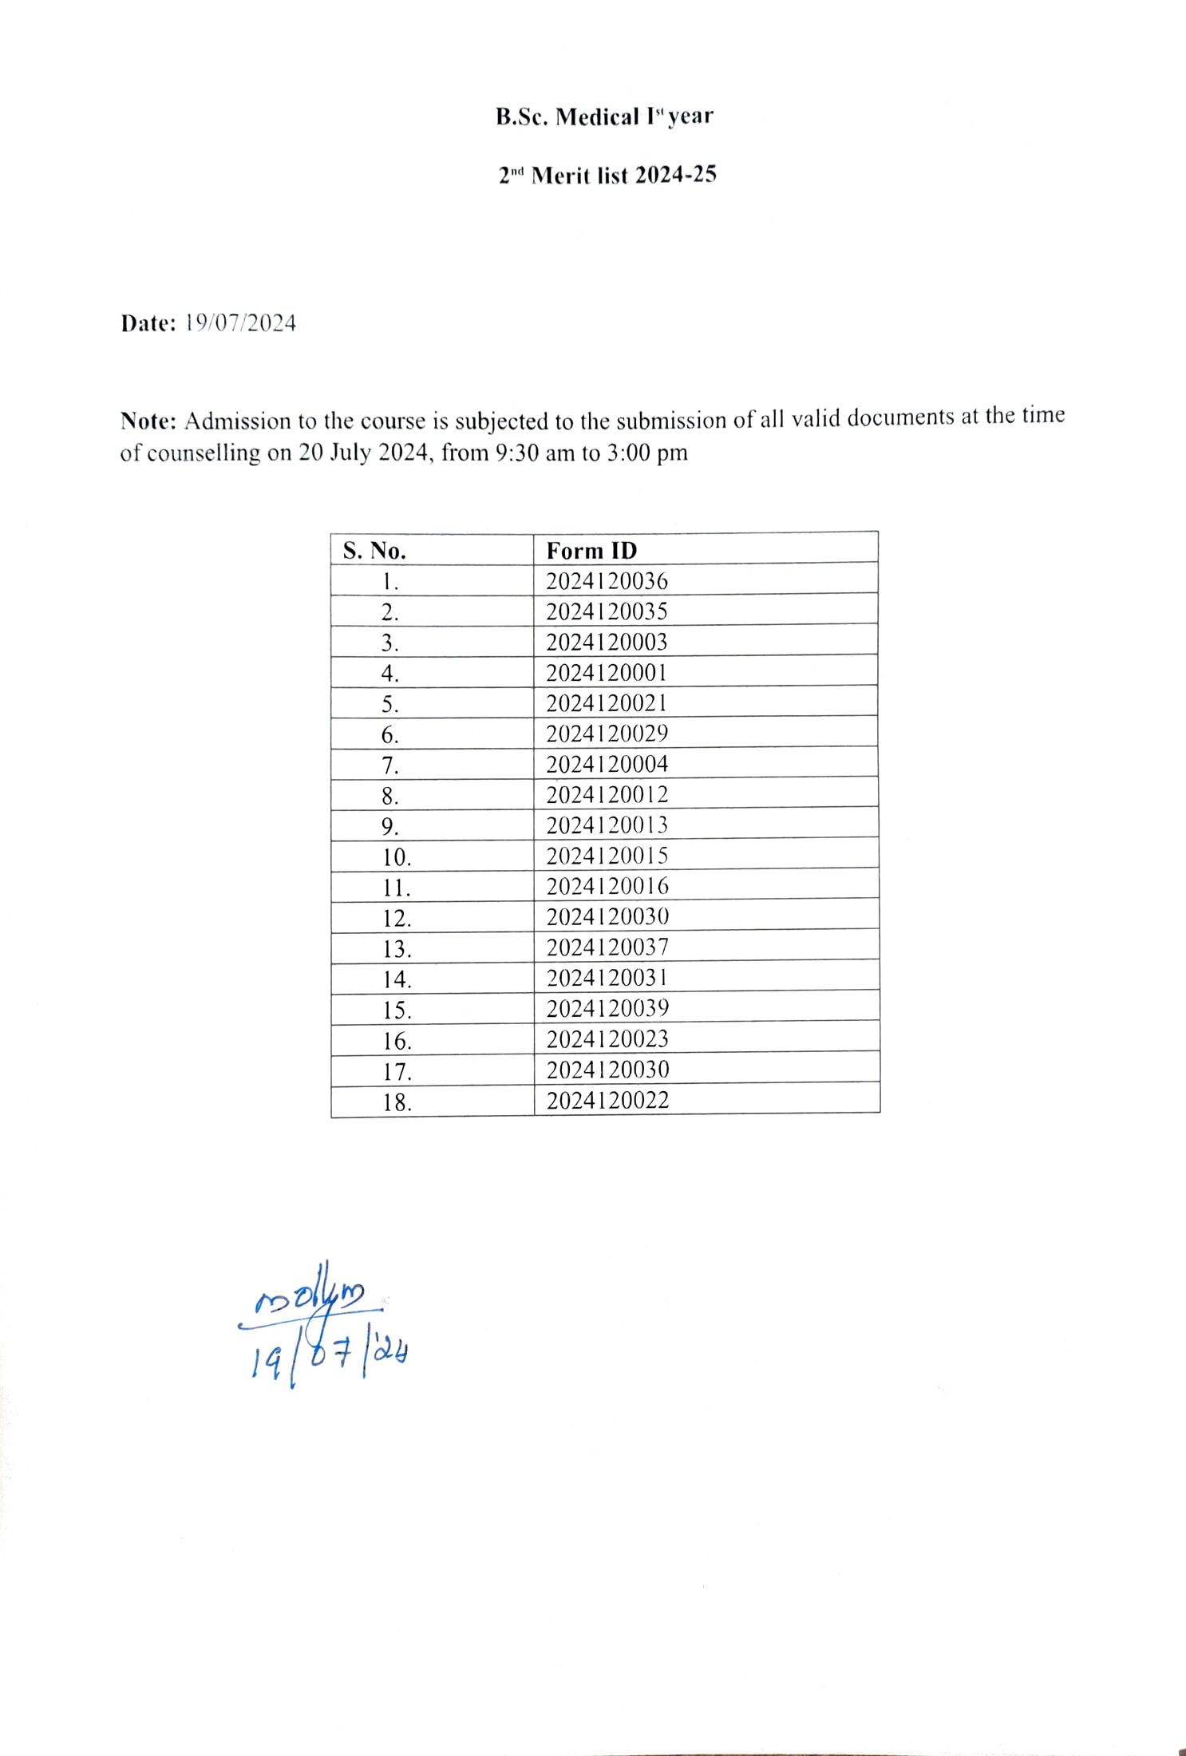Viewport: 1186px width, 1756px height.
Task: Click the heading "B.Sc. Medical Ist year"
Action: click(604, 117)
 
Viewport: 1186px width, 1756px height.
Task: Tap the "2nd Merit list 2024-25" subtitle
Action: click(607, 175)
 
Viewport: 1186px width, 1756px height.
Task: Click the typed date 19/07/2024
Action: click(240, 323)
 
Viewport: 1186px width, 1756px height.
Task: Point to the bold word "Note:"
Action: click(148, 421)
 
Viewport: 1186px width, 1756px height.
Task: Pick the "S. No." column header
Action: click(374, 551)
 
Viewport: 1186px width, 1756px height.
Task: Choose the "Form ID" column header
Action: click(591, 551)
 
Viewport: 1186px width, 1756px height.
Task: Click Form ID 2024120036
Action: click(607, 581)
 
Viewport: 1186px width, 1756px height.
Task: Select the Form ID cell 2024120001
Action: click(607, 673)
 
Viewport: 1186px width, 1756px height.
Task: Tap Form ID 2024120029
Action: click(607, 734)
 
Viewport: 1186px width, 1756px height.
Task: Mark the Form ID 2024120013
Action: click(607, 825)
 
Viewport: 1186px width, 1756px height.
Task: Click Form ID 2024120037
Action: click(607, 947)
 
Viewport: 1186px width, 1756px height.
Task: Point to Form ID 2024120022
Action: click(607, 1101)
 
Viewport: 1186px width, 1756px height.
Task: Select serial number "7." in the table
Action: click(389, 766)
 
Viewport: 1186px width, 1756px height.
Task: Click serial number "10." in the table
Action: click(396, 858)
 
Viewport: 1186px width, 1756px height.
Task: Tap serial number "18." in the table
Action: click(397, 1103)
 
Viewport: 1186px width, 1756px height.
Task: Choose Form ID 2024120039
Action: click(607, 1009)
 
